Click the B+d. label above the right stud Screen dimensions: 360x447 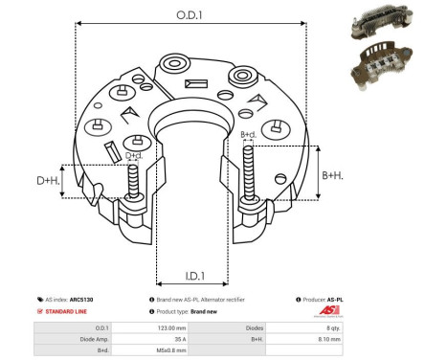pyautogui.click(x=247, y=135)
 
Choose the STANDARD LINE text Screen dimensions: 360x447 pyautogui.click(x=68, y=312)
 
